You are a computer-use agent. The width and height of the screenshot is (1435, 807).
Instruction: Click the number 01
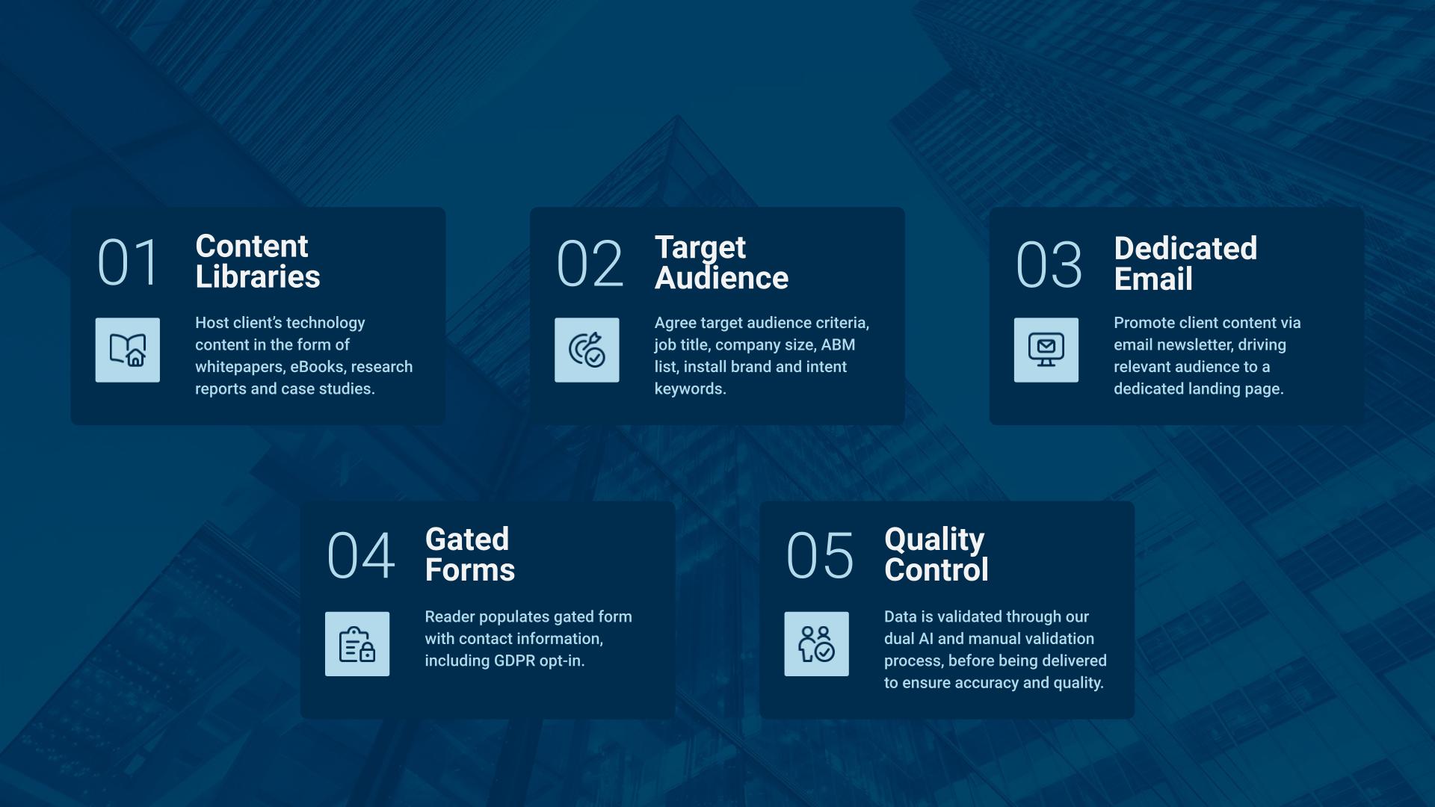tap(128, 263)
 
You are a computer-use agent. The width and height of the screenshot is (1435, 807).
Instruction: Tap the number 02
tap(589, 264)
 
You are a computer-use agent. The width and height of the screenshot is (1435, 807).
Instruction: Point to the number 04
tap(360, 556)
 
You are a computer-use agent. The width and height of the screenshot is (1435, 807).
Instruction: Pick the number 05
tap(819, 556)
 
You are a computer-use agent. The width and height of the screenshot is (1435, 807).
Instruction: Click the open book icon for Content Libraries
tap(128, 350)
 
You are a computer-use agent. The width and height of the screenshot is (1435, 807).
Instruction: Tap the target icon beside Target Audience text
tap(587, 350)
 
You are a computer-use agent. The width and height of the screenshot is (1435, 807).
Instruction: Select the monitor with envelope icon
tap(1046, 350)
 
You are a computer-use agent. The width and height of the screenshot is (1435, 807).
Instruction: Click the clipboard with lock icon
tap(357, 644)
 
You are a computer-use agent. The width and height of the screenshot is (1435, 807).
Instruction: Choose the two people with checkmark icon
tap(816, 644)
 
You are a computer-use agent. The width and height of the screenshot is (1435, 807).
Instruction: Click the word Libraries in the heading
tap(258, 277)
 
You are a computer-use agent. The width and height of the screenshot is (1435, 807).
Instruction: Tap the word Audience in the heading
tap(721, 278)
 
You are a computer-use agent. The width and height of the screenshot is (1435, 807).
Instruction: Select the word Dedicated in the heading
tap(1185, 249)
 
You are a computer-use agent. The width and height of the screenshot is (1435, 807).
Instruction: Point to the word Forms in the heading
tap(469, 570)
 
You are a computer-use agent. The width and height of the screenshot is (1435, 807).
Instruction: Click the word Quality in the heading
tap(934, 539)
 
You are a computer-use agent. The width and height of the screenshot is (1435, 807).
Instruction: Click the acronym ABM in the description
tap(838, 344)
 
